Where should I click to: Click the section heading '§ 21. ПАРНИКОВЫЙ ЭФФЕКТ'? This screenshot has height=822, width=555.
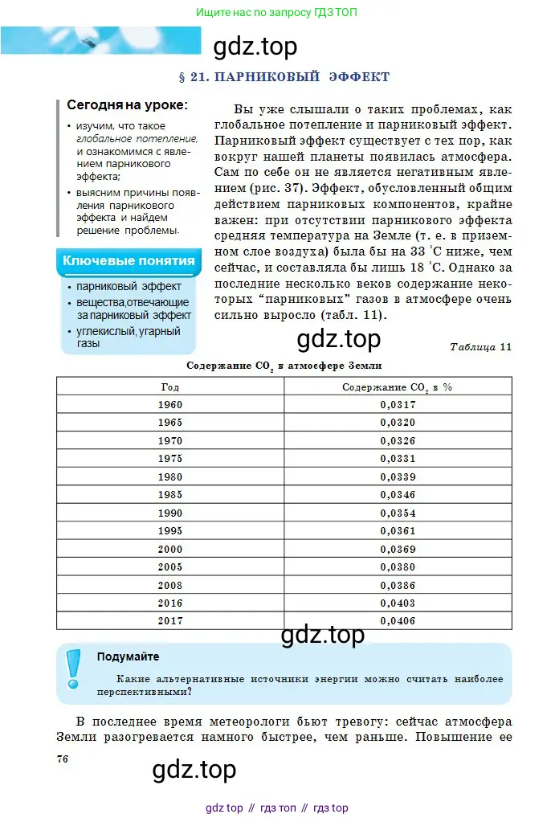[x=284, y=77]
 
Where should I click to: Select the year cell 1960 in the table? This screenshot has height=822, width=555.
[x=170, y=405]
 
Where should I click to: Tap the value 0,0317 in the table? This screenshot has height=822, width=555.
[x=398, y=405]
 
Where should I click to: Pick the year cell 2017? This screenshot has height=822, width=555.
[x=170, y=620]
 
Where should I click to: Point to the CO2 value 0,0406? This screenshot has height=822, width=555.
[x=398, y=620]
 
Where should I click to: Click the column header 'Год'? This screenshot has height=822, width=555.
[x=170, y=386]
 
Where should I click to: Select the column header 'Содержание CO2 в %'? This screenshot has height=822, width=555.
[x=398, y=386]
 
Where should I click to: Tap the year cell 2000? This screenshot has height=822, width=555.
[x=170, y=549]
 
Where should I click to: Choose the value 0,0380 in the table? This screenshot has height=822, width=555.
[x=398, y=566]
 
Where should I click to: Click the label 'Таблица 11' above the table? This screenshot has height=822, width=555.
[x=480, y=347]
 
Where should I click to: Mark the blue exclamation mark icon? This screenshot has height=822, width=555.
[x=73, y=669]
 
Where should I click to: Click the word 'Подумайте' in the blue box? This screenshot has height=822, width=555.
[x=128, y=656]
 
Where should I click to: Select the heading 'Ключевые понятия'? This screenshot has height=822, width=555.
[x=129, y=260]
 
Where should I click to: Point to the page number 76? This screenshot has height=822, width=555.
[x=63, y=759]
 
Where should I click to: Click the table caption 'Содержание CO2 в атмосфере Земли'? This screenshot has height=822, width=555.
[x=284, y=366]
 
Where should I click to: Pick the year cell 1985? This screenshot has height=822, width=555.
[x=170, y=495]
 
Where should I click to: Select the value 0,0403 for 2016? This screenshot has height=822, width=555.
[x=398, y=603]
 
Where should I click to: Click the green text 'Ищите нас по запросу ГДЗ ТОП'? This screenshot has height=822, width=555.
[x=277, y=13]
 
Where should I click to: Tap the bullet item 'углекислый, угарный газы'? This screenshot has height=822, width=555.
[x=128, y=337]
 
